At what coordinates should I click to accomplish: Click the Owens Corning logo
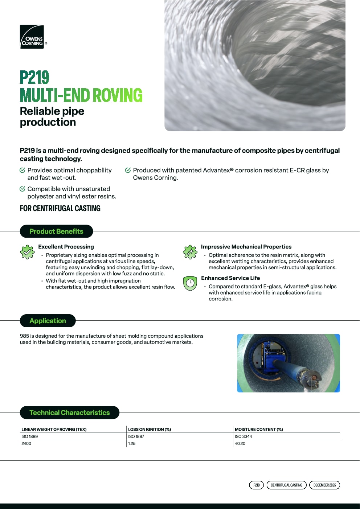coord(32,37)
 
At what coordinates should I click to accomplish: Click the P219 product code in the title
coord(34,77)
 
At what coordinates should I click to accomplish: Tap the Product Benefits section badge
coord(56,231)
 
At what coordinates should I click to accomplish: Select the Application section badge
coord(48,321)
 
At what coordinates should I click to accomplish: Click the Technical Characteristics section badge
coord(69,412)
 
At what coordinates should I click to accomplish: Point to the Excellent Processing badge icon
coord(27,252)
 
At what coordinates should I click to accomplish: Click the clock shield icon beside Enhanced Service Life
coord(190,283)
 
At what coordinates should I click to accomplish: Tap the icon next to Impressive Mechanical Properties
coord(190,252)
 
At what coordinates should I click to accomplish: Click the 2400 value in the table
coord(26,443)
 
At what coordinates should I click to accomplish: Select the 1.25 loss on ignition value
coord(132,443)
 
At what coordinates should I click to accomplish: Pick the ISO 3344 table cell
coord(243,436)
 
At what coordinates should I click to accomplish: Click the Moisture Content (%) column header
coord(259,429)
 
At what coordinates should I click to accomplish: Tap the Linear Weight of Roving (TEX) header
coord(54,429)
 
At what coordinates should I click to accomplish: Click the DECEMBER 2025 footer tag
coord(324,485)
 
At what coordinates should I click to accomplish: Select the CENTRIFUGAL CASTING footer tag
coord(286,485)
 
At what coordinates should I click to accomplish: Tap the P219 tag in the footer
coord(257,485)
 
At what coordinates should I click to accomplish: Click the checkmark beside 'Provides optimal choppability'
coord(22,170)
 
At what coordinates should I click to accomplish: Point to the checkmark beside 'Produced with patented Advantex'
coord(128,170)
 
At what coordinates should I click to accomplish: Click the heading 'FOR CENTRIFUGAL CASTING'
coord(60,208)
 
